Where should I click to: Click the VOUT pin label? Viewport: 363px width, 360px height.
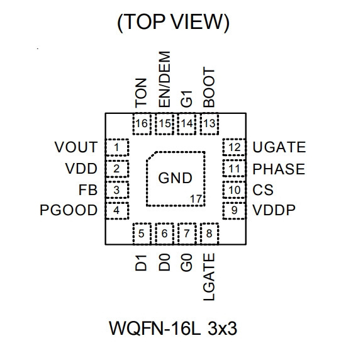(x=76, y=147)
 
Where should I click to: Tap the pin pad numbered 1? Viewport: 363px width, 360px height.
(x=117, y=147)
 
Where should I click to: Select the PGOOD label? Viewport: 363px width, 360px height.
(x=69, y=210)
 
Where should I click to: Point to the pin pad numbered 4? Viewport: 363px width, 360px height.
(x=117, y=211)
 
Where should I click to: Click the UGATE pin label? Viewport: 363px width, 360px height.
(x=279, y=147)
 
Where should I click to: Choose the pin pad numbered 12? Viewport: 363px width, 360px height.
(x=234, y=147)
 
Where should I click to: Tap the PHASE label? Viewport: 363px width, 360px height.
(x=279, y=169)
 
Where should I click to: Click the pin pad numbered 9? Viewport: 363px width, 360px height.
(x=234, y=211)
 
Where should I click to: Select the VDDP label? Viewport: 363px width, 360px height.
(x=274, y=210)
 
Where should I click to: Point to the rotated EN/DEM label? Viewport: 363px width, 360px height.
(x=165, y=79)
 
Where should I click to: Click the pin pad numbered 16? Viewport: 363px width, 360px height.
(x=142, y=124)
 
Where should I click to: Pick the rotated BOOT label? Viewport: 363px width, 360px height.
(x=209, y=87)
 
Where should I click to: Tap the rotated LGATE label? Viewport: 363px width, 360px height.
(x=209, y=277)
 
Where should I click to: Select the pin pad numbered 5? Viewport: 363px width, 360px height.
(x=142, y=233)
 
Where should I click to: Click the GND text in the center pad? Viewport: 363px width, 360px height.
(x=176, y=178)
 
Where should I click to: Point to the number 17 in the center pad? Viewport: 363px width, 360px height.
(x=196, y=199)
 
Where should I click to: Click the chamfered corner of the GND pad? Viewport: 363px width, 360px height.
(x=152, y=156)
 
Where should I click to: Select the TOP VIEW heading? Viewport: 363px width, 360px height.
(x=174, y=23)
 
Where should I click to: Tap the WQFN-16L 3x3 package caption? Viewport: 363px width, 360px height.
(x=173, y=329)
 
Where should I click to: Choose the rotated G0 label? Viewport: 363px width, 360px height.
(x=186, y=262)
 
